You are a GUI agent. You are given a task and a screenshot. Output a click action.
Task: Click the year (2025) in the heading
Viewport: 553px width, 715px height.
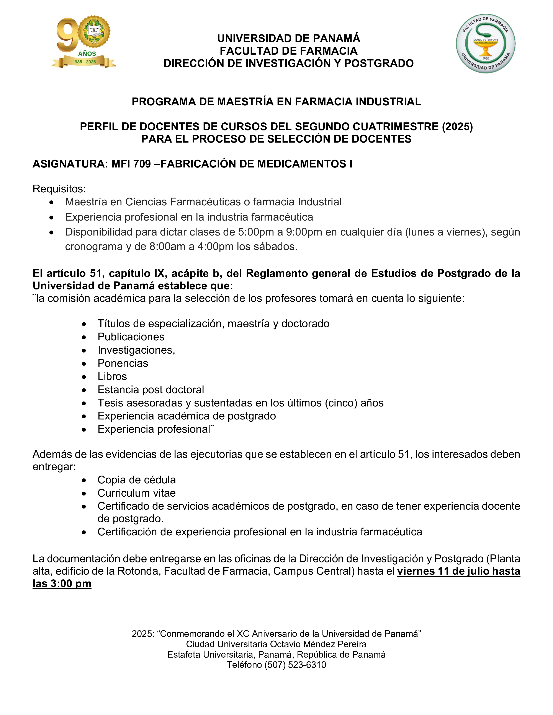[457, 127]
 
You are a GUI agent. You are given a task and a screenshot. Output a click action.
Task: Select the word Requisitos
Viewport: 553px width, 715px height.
[59, 189]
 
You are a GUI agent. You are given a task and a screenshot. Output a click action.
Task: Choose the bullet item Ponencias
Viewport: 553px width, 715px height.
[123, 363]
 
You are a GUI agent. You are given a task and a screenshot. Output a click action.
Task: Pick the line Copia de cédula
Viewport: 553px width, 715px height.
[137, 480]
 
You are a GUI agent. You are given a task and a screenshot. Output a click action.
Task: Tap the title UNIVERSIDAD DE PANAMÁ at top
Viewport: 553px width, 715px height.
[289, 38]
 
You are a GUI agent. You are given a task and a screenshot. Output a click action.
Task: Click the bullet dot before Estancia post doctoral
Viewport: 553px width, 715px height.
[84, 390]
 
